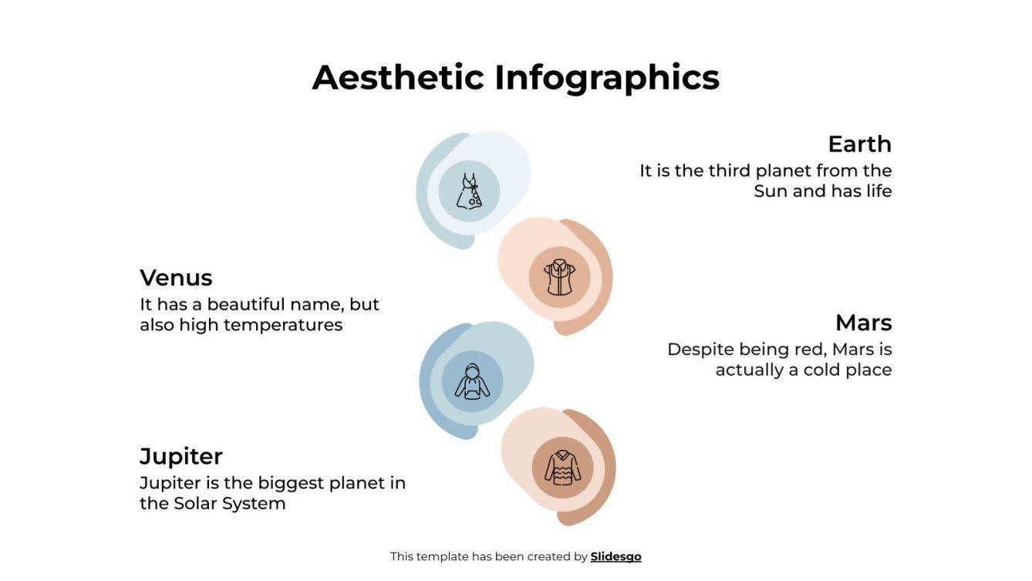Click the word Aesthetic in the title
397,78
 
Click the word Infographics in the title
606,78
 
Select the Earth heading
859,144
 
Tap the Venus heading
176,278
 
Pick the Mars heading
863,323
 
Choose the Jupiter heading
181,457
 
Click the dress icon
469,191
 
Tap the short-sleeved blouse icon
559,278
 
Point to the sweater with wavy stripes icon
562,468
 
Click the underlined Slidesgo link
615,556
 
